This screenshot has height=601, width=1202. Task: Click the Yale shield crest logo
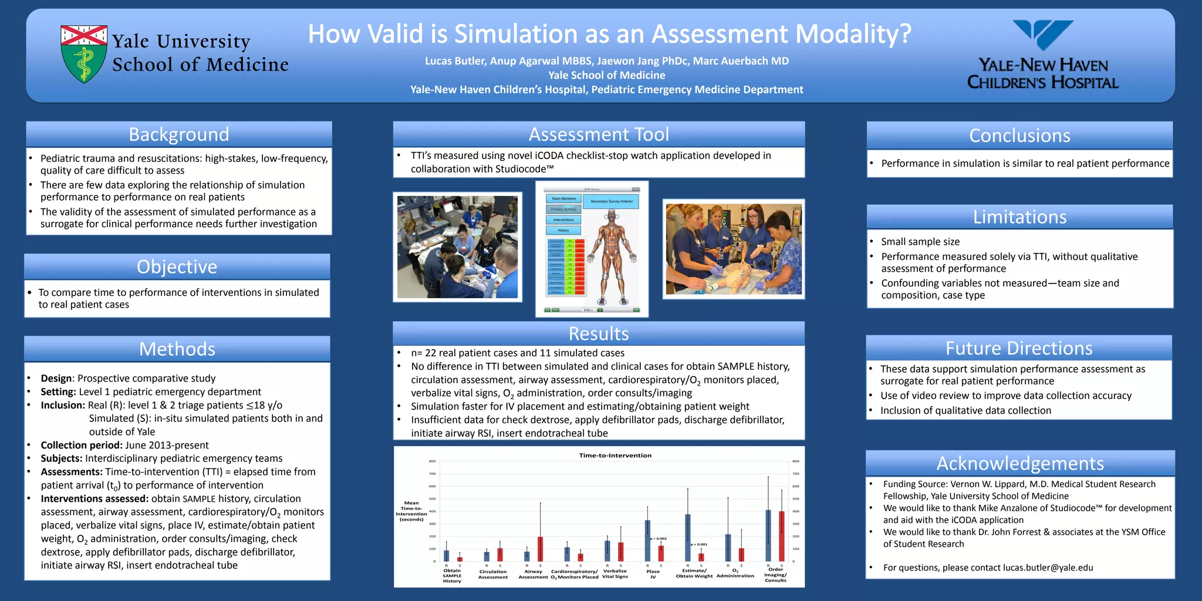[84, 53]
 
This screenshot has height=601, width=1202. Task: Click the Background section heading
[179, 134]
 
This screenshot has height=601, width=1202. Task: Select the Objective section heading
[177, 267]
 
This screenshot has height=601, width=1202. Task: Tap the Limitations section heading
[1019, 217]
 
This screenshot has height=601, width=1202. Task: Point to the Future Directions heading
[1019, 349]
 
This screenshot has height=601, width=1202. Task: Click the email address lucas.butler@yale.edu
[1048, 568]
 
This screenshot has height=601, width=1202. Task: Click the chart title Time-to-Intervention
[615, 455]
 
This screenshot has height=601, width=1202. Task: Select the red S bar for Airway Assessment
[540, 549]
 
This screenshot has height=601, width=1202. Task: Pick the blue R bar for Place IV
[647, 541]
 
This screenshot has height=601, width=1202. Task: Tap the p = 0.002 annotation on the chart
[658, 538]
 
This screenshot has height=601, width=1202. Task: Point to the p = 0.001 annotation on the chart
[698, 544]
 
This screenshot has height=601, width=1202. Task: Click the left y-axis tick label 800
[432, 461]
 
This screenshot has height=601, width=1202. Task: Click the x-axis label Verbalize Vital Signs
[615, 573]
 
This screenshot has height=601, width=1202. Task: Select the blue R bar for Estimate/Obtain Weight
[687, 538]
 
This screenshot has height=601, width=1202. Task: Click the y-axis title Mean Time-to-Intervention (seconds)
[411, 511]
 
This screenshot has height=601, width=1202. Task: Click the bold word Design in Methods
[56, 379]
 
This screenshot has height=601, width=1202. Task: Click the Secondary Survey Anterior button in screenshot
[612, 201]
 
